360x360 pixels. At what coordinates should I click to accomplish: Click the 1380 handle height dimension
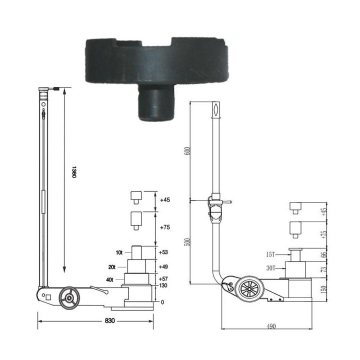(73, 171)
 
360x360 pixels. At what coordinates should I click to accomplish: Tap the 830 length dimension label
(109, 320)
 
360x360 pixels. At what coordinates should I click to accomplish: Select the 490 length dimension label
(271, 326)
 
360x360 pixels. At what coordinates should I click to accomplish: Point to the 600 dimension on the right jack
(187, 151)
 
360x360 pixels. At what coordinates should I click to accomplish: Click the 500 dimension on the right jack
(187, 242)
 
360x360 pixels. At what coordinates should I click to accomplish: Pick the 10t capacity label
(119, 252)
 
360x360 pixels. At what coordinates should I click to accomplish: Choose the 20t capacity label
(112, 267)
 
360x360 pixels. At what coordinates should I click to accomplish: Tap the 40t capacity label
(109, 279)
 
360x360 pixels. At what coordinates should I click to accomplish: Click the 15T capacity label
(270, 254)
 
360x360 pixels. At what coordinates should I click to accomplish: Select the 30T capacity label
(270, 268)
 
